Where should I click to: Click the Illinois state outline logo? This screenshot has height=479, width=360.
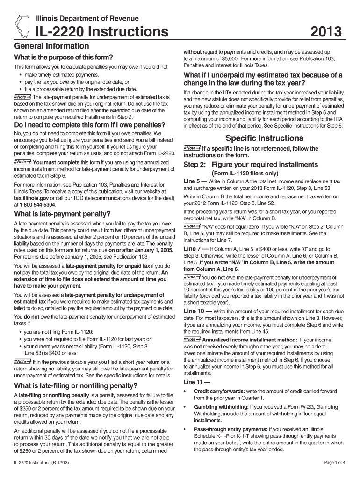coord(22,25)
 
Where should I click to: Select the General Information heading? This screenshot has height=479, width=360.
coord(52,46)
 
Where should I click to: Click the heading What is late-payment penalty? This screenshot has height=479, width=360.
coord(62,214)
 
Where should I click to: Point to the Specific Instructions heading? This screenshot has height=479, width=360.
coord(265,138)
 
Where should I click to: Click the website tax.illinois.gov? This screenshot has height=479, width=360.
coord(33,198)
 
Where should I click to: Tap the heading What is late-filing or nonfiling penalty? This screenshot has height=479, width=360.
coord(76,386)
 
